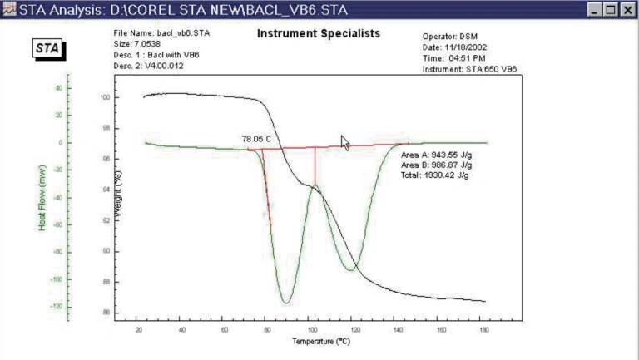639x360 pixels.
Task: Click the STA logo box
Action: (x=48, y=48)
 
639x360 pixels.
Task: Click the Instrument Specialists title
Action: (x=318, y=34)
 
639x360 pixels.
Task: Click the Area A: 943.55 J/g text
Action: (x=436, y=155)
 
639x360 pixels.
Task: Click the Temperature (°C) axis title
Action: (x=319, y=342)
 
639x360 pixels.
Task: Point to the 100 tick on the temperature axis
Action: (x=311, y=329)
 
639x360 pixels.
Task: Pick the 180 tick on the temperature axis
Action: (x=483, y=329)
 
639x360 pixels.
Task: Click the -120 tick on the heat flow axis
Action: (x=57, y=307)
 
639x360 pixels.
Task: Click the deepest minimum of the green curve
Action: (x=285, y=302)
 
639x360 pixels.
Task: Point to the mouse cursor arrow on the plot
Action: (x=345, y=142)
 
